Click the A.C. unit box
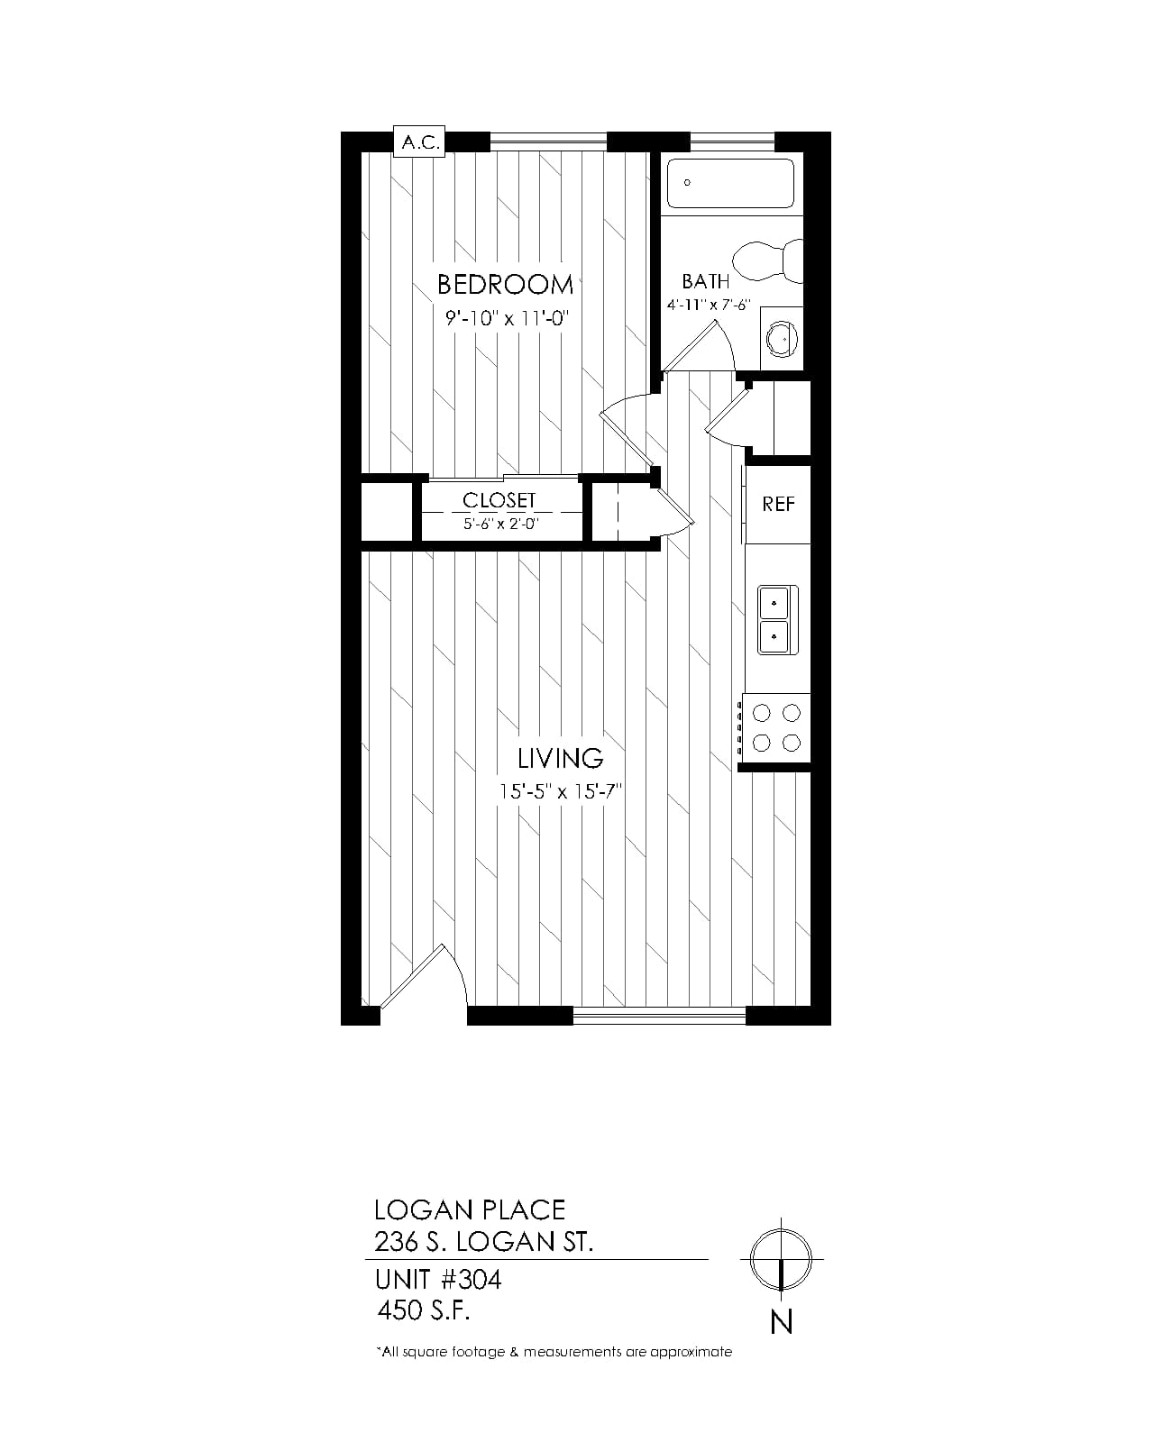pyautogui.click(x=418, y=141)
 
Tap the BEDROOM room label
pyautogui.click(x=505, y=285)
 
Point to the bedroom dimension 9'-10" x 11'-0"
pyautogui.click(x=508, y=317)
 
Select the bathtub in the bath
pyautogui.click(x=730, y=183)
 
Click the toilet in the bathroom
pyautogui.click(x=767, y=260)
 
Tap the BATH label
pyautogui.click(x=705, y=281)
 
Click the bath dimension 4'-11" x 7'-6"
pyautogui.click(x=709, y=305)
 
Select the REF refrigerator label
pyautogui.click(x=778, y=504)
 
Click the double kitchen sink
pyautogui.click(x=778, y=620)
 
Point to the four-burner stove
pyautogui.click(x=775, y=727)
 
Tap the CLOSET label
pyautogui.click(x=499, y=500)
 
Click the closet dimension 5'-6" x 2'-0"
pyautogui.click(x=501, y=524)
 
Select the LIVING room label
pyautogui.click(x=560, y=759)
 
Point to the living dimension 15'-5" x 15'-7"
pyautogui.click(x=561, y=791)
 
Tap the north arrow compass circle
pyautogui.click(x=781, y=1259)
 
